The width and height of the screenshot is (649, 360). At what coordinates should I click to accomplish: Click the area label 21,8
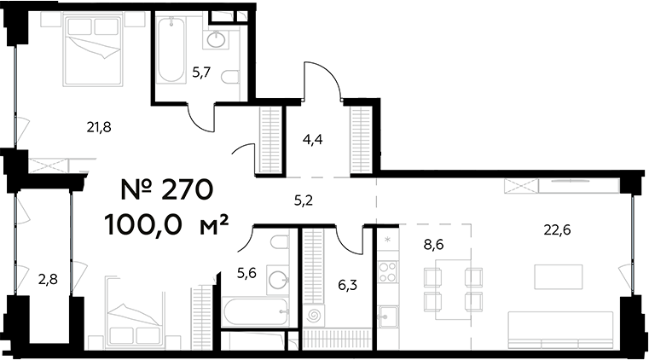click(x=100, y=127)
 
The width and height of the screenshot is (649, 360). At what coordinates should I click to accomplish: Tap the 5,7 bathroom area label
click(x=201, y=73)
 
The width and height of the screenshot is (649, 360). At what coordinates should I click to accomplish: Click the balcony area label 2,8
click(x=46, y=277)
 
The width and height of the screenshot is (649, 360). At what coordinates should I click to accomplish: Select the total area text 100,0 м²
click(x=166, y=225)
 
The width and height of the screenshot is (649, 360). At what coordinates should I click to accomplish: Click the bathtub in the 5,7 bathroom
click(x=171, y=51)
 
